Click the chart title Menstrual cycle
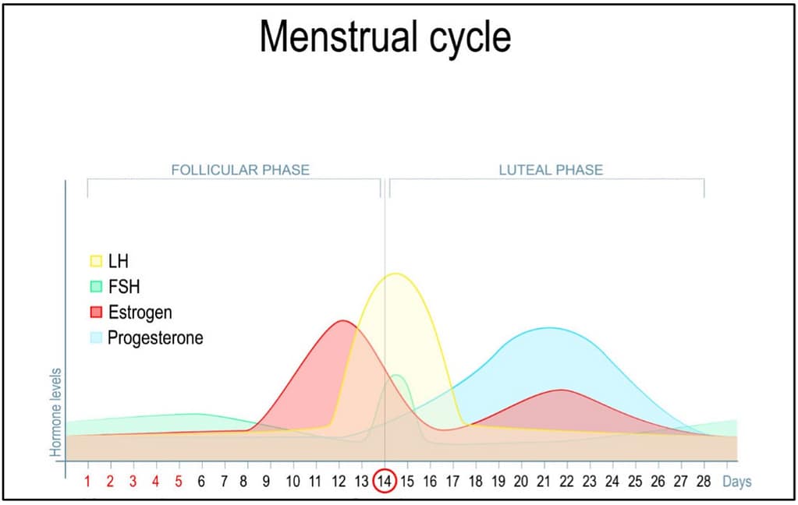385,37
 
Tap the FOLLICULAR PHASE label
240,169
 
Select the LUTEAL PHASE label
551,169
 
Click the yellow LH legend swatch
97,262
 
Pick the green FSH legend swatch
97,287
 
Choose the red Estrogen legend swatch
97,313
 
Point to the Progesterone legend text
155,338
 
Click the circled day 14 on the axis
385,481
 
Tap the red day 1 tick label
87,481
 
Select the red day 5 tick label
179,481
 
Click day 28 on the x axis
704,481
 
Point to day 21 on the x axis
544,481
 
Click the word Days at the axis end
736,481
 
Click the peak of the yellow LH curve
396,274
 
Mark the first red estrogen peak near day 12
342,321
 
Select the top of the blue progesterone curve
550,328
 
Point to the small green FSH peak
397,376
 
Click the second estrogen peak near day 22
561,390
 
